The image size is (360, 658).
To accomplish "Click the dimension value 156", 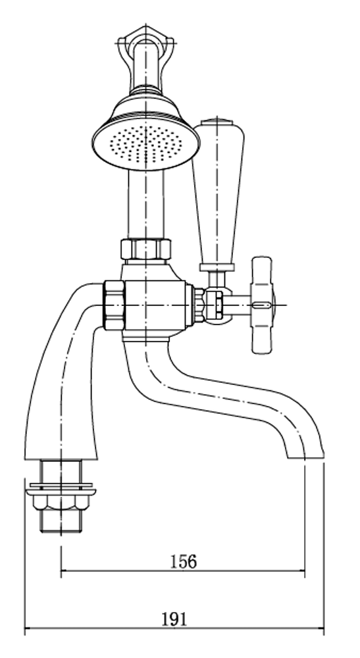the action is (x=184, y=561).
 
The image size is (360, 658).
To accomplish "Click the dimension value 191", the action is (x=174, y=619).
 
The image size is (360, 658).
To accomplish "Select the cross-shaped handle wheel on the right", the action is (x=262, y=305).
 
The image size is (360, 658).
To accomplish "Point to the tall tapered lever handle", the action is (x=218, y=193).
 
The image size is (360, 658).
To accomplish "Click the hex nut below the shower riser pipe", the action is (x=145, y=249).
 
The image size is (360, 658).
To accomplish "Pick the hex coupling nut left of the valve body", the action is (x=114, y=305).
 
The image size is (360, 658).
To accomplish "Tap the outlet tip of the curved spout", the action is (x=305, y=457).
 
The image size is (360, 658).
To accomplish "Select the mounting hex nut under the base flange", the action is (x=61, y=500).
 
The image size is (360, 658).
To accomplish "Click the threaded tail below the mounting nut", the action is (x=61, y=521).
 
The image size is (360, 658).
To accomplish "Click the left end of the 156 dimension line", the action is (x=61, y=570).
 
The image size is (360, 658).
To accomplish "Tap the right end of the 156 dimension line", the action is (x=305, y=570).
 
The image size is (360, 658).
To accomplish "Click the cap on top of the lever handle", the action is (x=217, y=122).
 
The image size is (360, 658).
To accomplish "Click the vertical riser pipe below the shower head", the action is (x=145, y=205).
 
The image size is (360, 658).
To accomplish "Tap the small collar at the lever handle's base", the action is (x=217, y=268).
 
